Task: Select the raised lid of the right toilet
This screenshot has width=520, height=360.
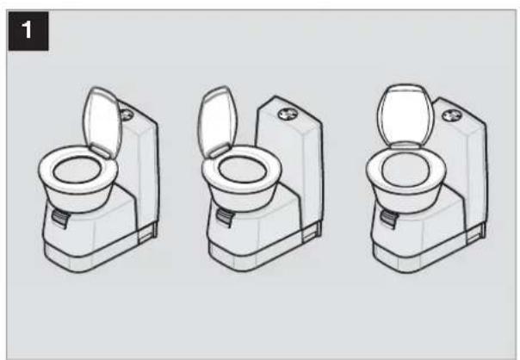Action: (405, 117)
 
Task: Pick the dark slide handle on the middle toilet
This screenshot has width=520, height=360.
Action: (225, 218)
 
